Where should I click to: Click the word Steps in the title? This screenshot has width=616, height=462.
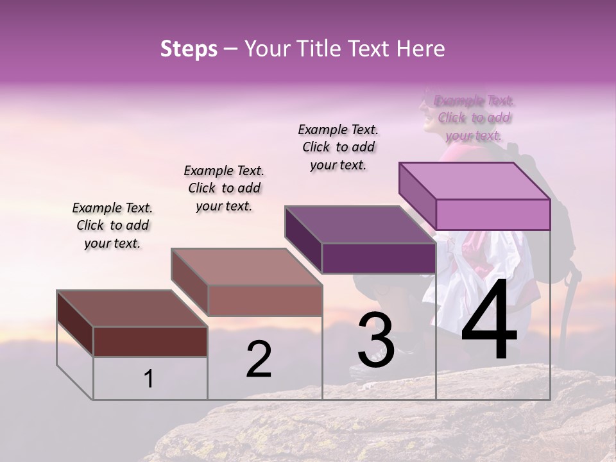coord(189,49)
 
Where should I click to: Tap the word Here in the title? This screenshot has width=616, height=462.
coord(418,49)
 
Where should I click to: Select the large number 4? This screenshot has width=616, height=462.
coord(489,321)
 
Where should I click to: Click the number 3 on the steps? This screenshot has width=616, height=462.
coord(376,340)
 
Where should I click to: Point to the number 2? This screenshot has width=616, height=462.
coord(259,359)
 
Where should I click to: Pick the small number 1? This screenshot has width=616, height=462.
coord(148,379)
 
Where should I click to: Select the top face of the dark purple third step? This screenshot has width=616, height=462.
coord(359,225)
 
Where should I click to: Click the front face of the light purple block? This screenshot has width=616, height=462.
coord(493,214)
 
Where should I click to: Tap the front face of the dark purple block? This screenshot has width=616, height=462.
coord(379,258)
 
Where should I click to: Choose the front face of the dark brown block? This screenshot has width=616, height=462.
coord(150,341)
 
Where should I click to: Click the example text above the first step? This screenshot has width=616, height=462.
coord(112,225)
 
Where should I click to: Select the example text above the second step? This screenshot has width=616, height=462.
coord(224,188)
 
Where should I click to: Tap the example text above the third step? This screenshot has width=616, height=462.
coord(338,147)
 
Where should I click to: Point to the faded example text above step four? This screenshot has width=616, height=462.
coord(474,117)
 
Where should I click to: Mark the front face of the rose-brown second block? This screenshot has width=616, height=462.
coord(264,300)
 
